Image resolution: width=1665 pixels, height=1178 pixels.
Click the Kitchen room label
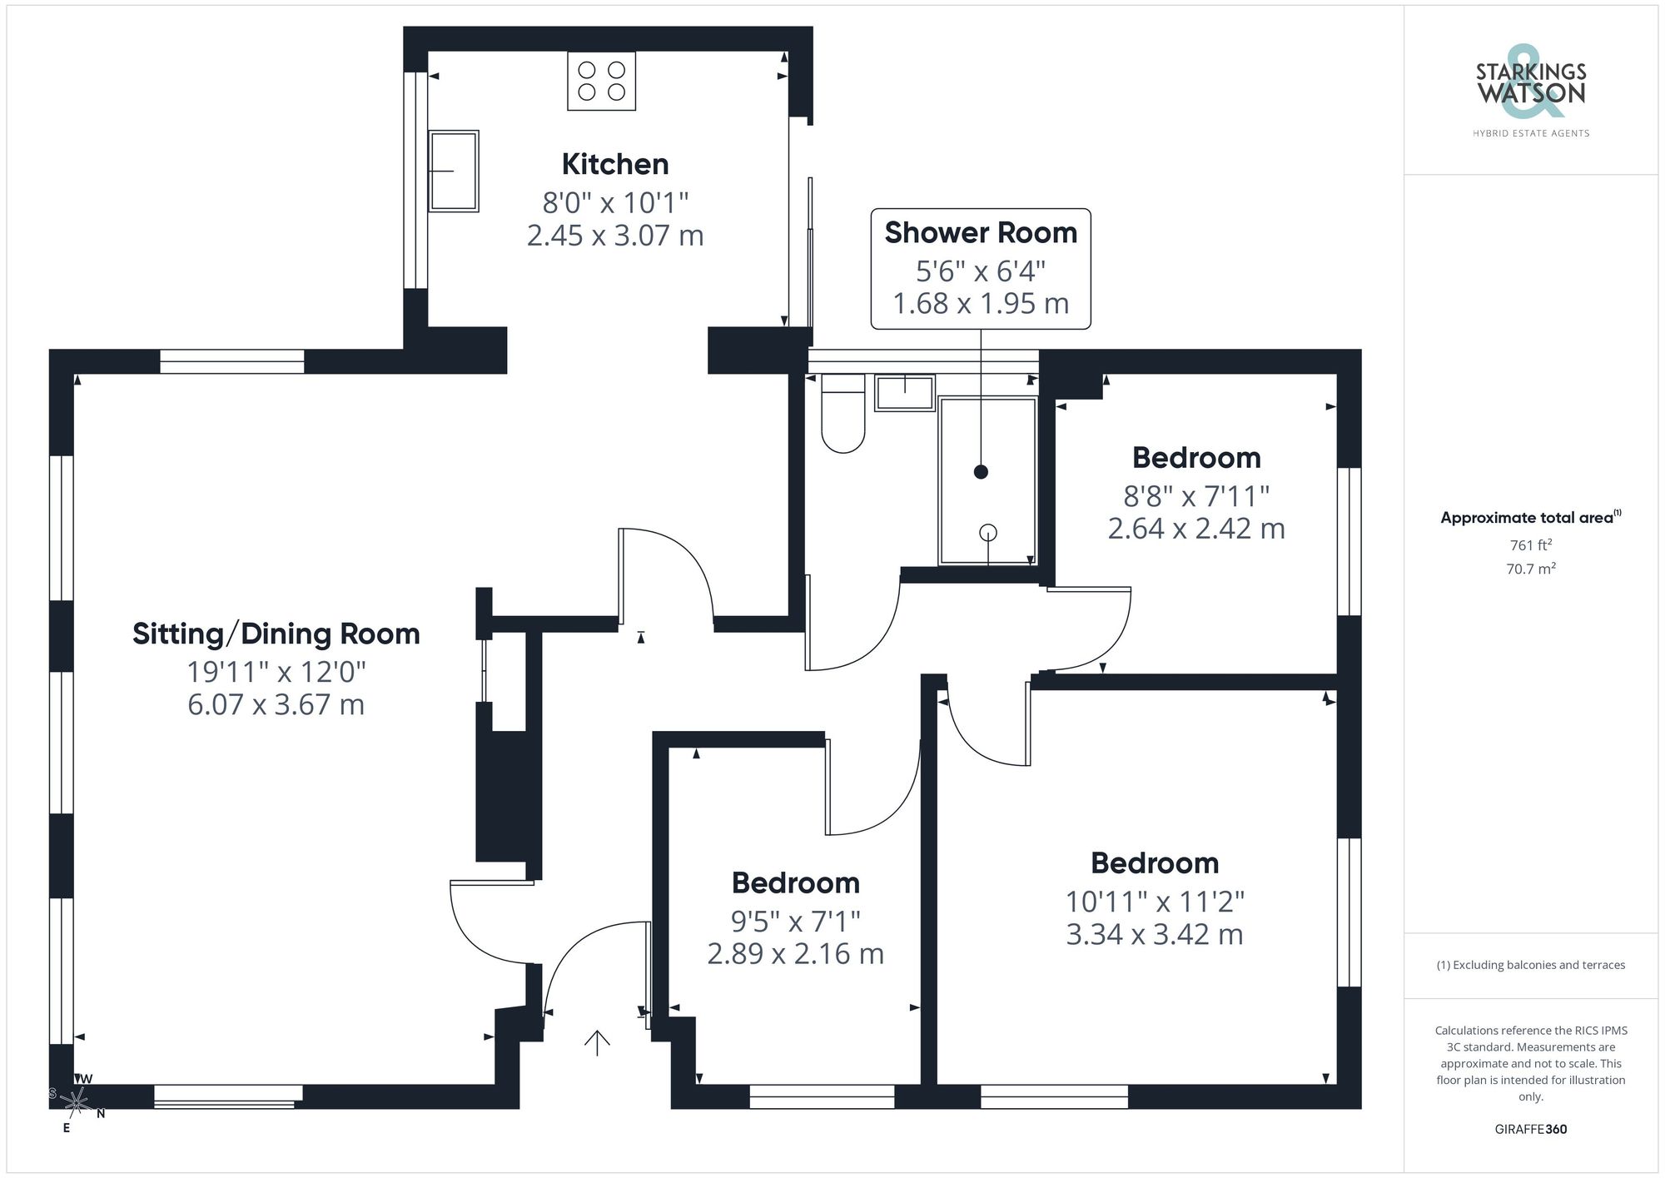[x=615, y=164]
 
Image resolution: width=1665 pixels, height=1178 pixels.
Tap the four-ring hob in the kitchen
[x=602, y=81]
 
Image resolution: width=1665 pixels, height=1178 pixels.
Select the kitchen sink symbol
[x=454, y=171]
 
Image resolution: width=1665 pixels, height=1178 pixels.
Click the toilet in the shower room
[x=842, y=416]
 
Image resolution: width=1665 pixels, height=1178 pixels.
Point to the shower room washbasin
[x=905, y=393]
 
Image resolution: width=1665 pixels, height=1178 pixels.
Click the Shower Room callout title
[x=981, y=233]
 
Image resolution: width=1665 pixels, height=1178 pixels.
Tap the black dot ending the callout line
[x=981, y=472]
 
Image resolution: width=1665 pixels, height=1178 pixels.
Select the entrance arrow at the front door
[x=597, y=1042]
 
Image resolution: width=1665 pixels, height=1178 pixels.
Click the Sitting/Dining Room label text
[x=276, y=634]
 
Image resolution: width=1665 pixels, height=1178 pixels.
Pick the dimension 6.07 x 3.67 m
[x=276, y=705]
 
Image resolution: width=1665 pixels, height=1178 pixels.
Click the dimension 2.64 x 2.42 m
[x=1196, y=529]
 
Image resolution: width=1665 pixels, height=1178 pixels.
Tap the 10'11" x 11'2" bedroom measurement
[x=1155, y=902]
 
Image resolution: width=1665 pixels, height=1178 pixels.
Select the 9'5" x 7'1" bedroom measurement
[x=795, y=922]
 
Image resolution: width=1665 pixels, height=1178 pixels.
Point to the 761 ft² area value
[x=1530, y=545]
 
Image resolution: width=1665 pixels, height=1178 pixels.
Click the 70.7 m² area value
[x=1530, y=569]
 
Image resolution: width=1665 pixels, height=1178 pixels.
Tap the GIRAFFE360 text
[x=1530, y=1129]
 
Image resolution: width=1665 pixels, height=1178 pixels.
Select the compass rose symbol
[x=77, y=1102]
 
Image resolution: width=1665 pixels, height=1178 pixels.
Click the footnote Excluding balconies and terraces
[x=1530, y=965]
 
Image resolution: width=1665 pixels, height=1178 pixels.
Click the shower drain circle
[x=988, y=532]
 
